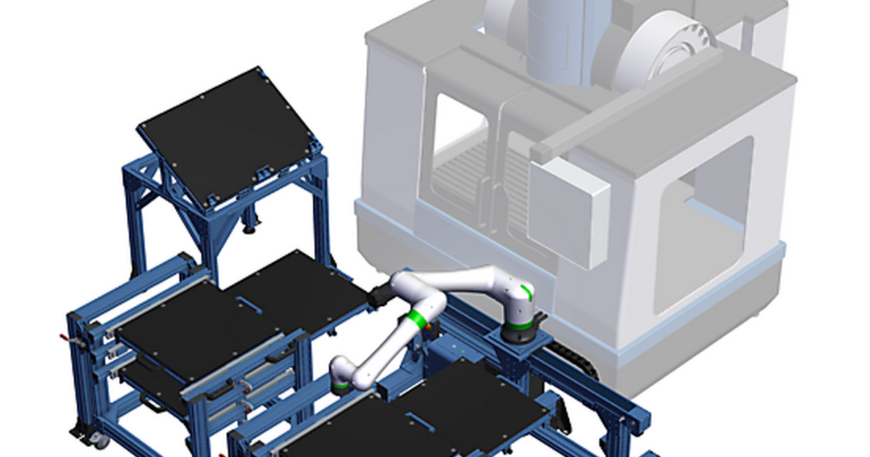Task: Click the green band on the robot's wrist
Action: point(341,385)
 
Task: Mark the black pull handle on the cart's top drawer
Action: point(279,359)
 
